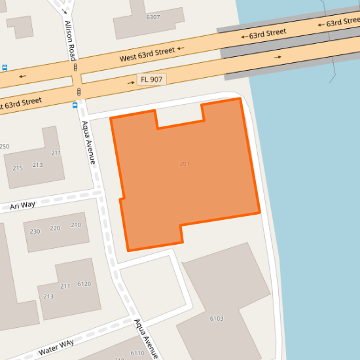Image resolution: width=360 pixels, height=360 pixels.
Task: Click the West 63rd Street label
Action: (147, 54)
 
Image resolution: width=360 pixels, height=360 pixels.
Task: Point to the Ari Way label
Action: (23, 206)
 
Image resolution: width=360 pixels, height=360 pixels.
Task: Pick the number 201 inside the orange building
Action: (184, 163)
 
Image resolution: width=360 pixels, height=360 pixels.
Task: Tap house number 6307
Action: (153, 17)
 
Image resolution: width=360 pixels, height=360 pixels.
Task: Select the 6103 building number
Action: (217, 319)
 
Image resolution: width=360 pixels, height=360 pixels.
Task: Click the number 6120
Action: (84, 284)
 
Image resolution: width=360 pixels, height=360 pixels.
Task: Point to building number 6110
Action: (137, 353)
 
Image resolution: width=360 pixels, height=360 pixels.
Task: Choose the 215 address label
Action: (18, 168)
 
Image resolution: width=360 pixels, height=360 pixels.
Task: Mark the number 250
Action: (5, 146)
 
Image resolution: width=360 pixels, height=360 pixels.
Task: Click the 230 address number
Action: (35, 231)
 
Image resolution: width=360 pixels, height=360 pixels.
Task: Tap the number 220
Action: (55, 228)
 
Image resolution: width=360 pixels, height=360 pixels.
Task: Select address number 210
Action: (76, 225)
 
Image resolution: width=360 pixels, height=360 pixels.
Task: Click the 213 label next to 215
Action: (37, 164)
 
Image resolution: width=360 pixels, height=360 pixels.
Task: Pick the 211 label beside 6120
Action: (65, 286)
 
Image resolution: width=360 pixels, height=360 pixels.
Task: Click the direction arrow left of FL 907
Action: (131, 83)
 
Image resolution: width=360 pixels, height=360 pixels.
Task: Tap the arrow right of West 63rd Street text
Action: (181, 48)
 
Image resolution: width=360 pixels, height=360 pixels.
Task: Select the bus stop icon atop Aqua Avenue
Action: (75, 105)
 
